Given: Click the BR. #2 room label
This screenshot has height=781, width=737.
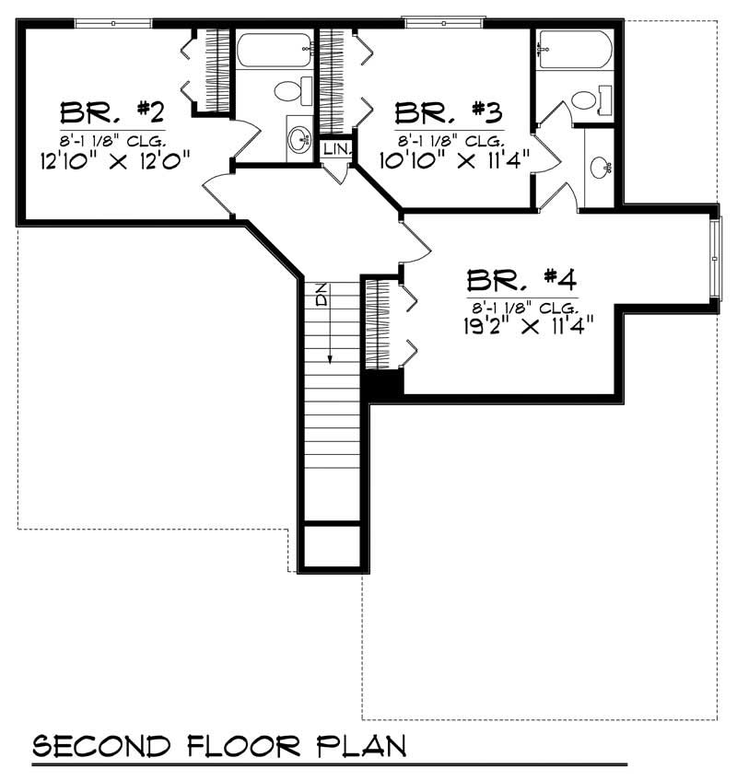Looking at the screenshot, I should [x=112, y=113].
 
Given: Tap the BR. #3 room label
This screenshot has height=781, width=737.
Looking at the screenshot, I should [x=449, y=113].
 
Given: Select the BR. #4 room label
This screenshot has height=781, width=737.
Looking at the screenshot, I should [x=521, y=278].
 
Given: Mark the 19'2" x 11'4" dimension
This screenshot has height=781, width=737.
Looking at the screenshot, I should [x=521, y=324].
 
